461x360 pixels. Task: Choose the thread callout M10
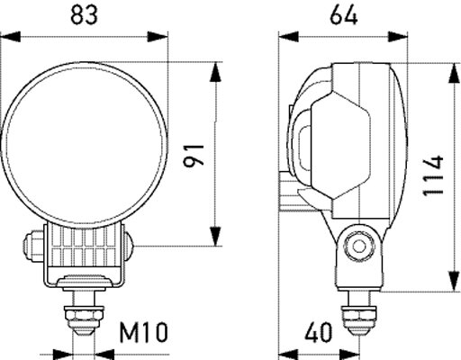(x=143, y=333)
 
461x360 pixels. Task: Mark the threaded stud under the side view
(x=362, y=315)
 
